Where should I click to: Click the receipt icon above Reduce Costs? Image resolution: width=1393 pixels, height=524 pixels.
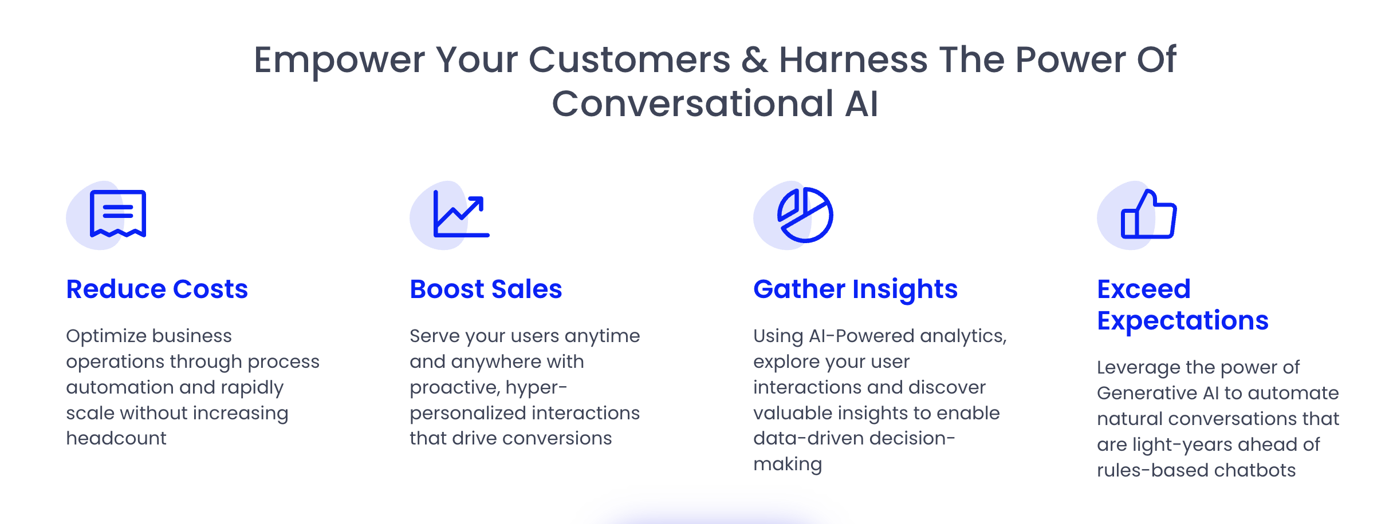tap(118, 214)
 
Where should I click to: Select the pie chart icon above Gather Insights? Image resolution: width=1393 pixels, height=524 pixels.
tap(805, 215)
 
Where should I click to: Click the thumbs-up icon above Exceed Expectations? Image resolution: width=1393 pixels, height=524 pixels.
tap(1148, 215)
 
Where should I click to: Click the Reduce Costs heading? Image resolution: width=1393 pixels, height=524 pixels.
tap(157, 289)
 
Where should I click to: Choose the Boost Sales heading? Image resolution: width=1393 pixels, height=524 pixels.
tap(486, 289)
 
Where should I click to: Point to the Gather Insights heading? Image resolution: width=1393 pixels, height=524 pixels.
tap(855, 289)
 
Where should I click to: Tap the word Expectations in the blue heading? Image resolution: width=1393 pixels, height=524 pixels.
tap(1182, 320)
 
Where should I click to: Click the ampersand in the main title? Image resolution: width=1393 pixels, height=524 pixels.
tap(754, 60)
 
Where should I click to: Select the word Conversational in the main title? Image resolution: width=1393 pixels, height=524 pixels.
tap(692, 104)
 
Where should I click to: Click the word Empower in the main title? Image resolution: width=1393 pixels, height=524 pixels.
tap(339, 60)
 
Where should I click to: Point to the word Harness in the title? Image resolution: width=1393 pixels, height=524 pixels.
tap(853, 60)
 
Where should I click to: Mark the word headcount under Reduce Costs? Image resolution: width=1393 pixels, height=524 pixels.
tap(116, 438)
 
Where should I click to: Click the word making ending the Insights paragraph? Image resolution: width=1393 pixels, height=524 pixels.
tap(788, 464)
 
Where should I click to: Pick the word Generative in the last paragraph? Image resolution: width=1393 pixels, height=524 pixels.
tap(1147, 393)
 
